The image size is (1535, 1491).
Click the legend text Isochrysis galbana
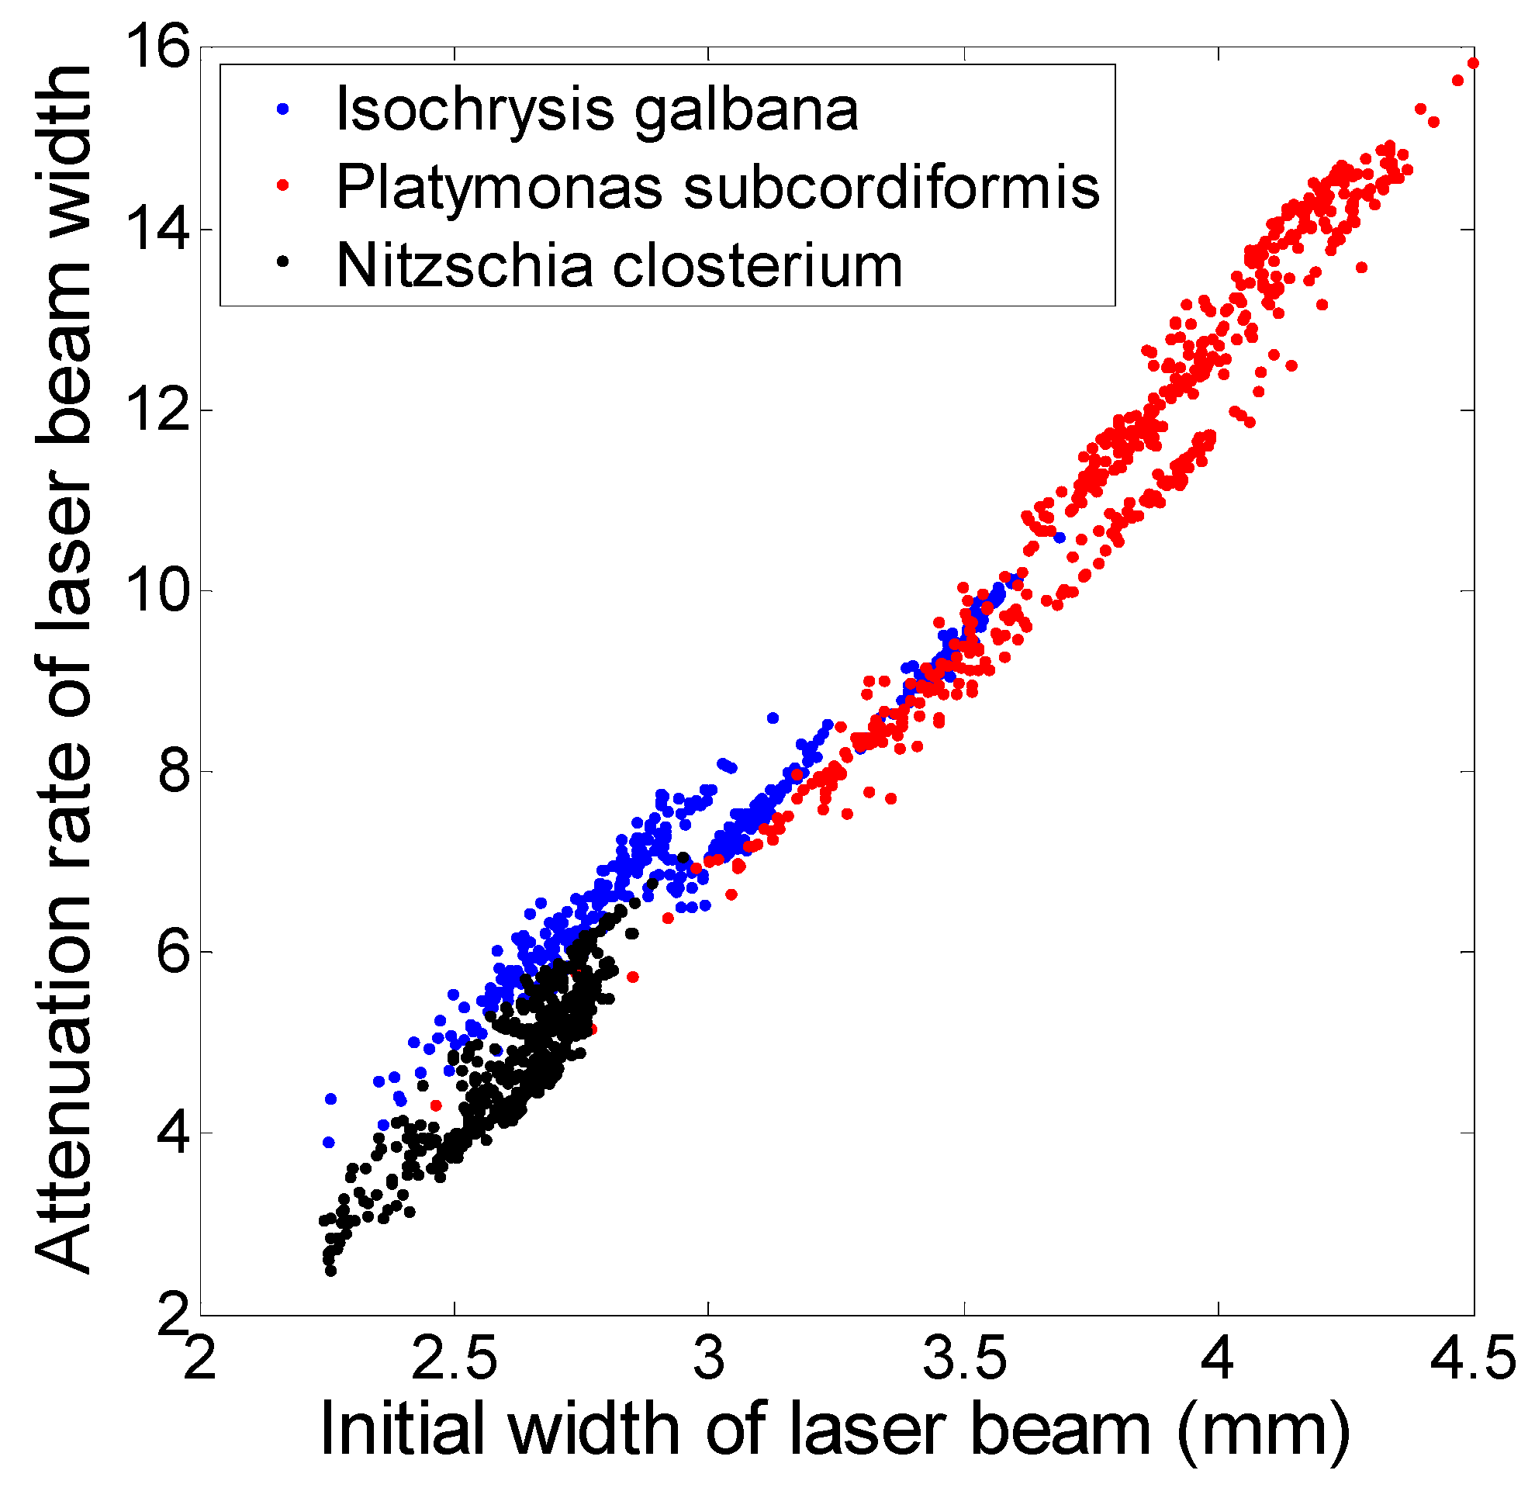(x=596, y=109)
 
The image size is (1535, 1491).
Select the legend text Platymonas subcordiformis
(x=717, y=187)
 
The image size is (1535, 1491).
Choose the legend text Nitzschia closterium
(x=619, y=265)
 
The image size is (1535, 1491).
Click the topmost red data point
(x=1472, y=63)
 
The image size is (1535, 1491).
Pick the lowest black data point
(x=330, y=1270)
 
